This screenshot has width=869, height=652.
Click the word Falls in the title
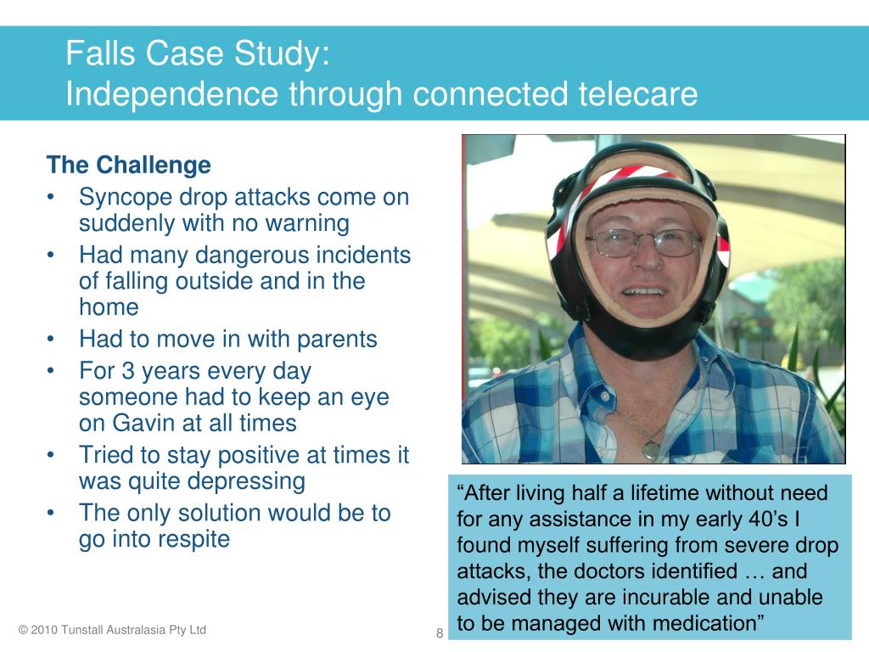pyautogui.click(x=100, y=53)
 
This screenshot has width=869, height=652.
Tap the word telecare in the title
pyautogui.click(x=638, y=93)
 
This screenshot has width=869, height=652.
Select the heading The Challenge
pyautogui.click(x=129, y=165)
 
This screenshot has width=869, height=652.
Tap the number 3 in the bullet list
pyautogui.click(x=128, y=371)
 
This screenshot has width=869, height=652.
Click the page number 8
pyautogui.click(x=440, y=633)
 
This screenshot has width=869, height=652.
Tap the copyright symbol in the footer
pyautogui.click(x=23, y=630)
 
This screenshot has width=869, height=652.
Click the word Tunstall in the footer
pyautogui.click(x=81, y=630)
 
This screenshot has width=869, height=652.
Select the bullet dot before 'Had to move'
pyautogui.click(x=50, y=340)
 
